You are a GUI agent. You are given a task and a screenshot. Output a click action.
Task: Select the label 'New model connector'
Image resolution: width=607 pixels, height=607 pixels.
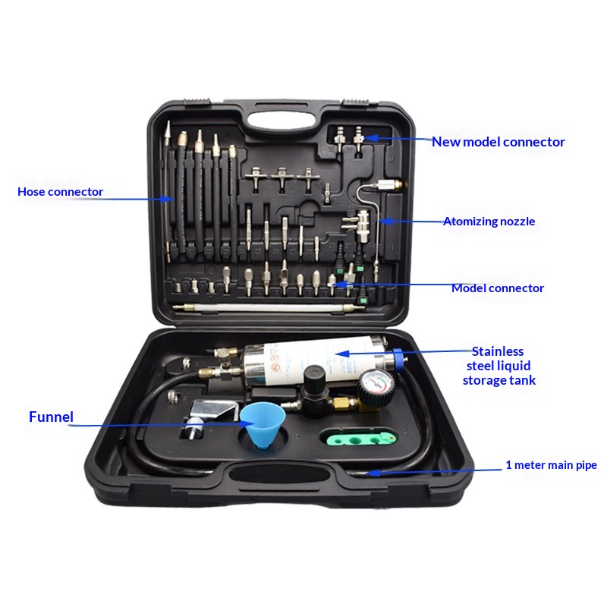tap(498, 142)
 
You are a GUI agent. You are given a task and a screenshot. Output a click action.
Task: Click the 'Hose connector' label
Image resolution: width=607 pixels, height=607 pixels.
tap(61, 192)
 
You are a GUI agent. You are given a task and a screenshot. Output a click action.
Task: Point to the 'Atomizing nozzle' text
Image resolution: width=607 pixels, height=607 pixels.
tap(489, 222)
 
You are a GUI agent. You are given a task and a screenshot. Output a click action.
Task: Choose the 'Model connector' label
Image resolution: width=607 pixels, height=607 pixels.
tap(498, 288)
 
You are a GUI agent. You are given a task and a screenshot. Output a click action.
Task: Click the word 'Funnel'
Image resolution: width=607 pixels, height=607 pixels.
tap(51, 417)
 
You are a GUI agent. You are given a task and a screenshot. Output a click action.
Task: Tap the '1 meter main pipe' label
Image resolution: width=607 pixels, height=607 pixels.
tap(552, 465)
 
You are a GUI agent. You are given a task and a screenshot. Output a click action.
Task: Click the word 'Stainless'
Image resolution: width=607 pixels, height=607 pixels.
tap(498, 351)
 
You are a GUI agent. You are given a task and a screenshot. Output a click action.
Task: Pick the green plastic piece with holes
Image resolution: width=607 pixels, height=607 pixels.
tap(358, 438)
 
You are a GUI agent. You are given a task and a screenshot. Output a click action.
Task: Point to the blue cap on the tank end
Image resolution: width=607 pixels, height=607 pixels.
tap(398, 359)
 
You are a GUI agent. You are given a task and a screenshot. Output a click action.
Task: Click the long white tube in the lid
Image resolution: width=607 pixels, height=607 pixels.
tap(269, 308)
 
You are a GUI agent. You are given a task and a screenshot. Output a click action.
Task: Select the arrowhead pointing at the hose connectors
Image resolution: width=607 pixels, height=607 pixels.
tap(167, 199)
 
